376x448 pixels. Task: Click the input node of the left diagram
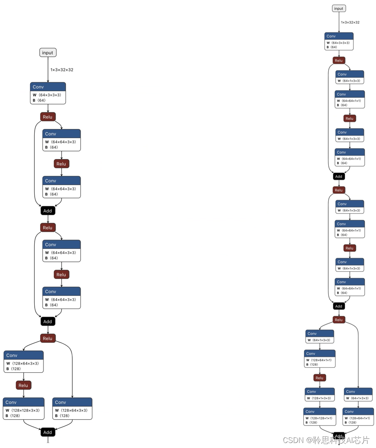(48, 53)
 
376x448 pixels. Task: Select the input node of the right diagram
(338, 8)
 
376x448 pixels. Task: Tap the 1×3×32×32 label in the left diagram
(62, 70)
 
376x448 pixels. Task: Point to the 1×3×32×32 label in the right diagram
(350, 23)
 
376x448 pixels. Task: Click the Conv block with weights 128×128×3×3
(23, 408)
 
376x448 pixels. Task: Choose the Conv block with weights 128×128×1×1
(320, 417)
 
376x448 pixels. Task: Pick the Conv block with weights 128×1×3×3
(320, 395)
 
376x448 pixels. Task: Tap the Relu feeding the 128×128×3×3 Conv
(23, 385)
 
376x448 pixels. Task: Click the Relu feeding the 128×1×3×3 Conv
(320, 378)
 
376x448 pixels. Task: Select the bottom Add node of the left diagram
(48, 432)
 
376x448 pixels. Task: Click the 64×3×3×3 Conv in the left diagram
(48, 93)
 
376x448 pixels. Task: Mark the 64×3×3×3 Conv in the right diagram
(338, 41)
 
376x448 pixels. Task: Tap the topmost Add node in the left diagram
(48, 211)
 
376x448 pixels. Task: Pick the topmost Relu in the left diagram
(48, 117)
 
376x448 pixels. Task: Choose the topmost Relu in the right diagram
(338, 61)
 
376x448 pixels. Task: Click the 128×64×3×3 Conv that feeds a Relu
(23, 361)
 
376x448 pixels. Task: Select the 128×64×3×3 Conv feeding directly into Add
(72, 408)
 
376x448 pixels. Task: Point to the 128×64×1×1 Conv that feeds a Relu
(320, 359)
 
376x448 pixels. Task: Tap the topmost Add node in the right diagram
(338, 176)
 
